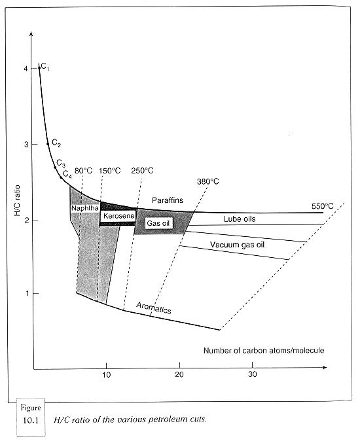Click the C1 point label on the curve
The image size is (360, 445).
(45, 67)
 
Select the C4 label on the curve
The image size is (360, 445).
(67, 174)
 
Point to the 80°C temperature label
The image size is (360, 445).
(84, 171)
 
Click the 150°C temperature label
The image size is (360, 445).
(110, 171)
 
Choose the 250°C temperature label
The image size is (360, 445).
(142, 171)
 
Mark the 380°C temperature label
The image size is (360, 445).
(208, 181)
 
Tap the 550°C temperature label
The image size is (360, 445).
(323, 206)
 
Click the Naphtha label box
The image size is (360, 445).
(85, 208)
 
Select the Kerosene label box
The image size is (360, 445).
(118, 216)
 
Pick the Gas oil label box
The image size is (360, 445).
(158, 223)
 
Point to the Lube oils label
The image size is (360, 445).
(240, 219)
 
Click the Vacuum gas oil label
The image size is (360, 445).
(238, 245)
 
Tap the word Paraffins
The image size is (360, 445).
(168, 200)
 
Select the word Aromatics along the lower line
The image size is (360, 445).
(154, 308)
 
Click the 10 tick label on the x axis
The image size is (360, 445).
(106, 374)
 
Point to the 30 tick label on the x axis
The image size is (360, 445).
(252, 374)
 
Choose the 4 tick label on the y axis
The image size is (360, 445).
(26, 69)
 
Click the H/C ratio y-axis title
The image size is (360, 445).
(17, 200)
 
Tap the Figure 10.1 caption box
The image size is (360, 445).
(31, 417)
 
